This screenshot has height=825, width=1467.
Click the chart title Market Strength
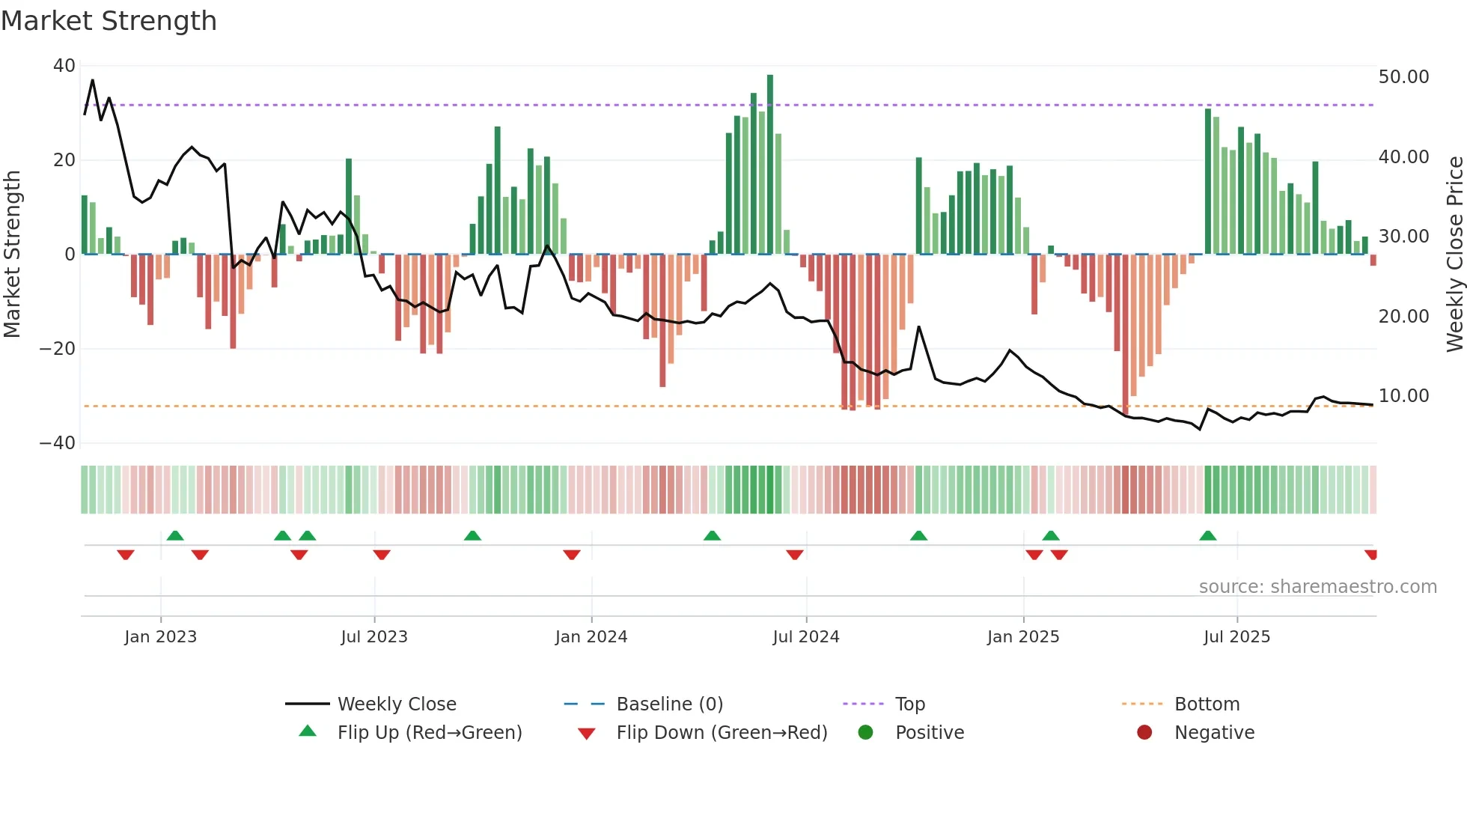pyautogui.click(x=109, y=21)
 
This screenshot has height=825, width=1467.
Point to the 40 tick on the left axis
pyautogui.click(x=64, y=66)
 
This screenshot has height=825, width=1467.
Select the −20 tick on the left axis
pyautogui.click(x=58, y=349)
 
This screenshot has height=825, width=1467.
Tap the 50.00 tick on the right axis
pyautogui.click(x=1403, y=77)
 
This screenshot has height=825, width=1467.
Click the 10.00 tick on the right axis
pyautogui.click(x=1403, y=396)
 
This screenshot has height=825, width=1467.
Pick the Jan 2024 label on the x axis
pyautogui.click(x=591, y=637)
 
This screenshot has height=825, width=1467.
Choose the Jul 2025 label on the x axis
pyautogui.click(x=1236, y=637)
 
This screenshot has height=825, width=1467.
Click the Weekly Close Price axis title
pyautogui.click(x=1454, y=255)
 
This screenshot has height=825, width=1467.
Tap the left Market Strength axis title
pyautogui.click(x=13, y=255)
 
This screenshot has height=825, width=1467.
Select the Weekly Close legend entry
pyautogui.click(x=397, y=704)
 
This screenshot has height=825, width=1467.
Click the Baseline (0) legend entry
pyautogui.click(x=669, y=704)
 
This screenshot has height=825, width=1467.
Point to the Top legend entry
pyautogui.click(x=910, y=704)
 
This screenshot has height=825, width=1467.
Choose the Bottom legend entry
pyautogui.click(x=1207, y=704)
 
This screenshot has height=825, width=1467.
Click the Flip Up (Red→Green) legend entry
pyautogui.click(x=430, y=733)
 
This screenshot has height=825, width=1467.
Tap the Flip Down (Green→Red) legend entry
pyautogui.click(x=722, y=733)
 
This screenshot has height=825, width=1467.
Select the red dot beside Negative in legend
pyautogui.click(x=1144, y=732)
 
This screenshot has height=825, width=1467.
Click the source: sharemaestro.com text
pyautogui.click(x=1317, y=587)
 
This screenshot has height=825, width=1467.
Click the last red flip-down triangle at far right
pyautogui.click(x=1371, y=555)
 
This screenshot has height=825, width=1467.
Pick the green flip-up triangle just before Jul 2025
pyautogui.click(x=1207, y=536)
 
